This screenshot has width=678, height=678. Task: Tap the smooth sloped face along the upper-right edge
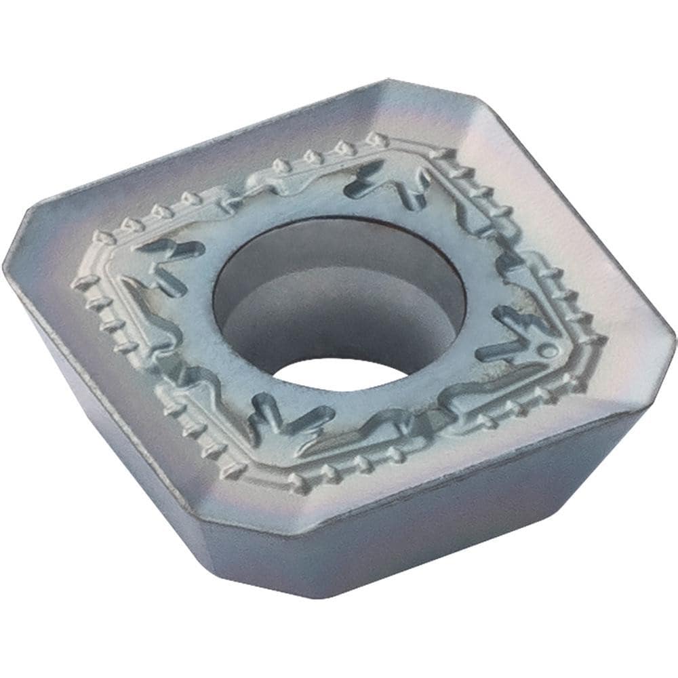[x=549, y=203]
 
